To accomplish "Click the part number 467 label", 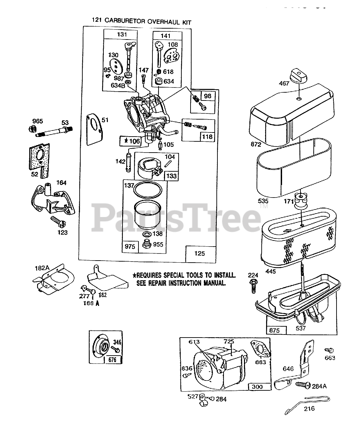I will click(284, 83).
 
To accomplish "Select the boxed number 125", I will click(199, 253).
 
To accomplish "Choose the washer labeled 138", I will click(147, 235).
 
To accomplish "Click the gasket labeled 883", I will click(261, 349).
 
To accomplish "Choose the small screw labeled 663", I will click(328, 350).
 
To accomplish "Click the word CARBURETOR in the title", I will click(125, 21).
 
